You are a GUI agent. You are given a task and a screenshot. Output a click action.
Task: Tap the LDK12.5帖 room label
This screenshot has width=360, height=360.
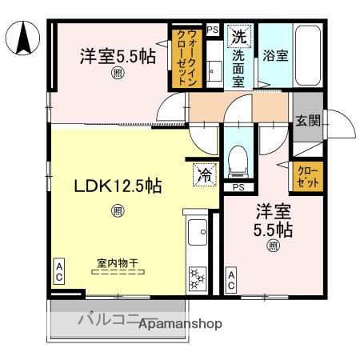(x=118, y=186)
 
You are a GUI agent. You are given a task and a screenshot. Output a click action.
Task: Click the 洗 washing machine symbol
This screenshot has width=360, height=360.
(x=239, y=35)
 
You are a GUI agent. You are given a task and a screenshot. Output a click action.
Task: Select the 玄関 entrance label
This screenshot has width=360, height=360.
(x=307, y=121)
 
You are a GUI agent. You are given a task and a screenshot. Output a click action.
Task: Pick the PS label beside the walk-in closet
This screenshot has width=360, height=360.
(x=212, y=30)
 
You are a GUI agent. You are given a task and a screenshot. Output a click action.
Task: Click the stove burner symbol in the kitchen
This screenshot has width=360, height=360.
(x=197, y=280)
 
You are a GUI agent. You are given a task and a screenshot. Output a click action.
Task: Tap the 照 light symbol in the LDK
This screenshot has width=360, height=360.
(x=118, y=211)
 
